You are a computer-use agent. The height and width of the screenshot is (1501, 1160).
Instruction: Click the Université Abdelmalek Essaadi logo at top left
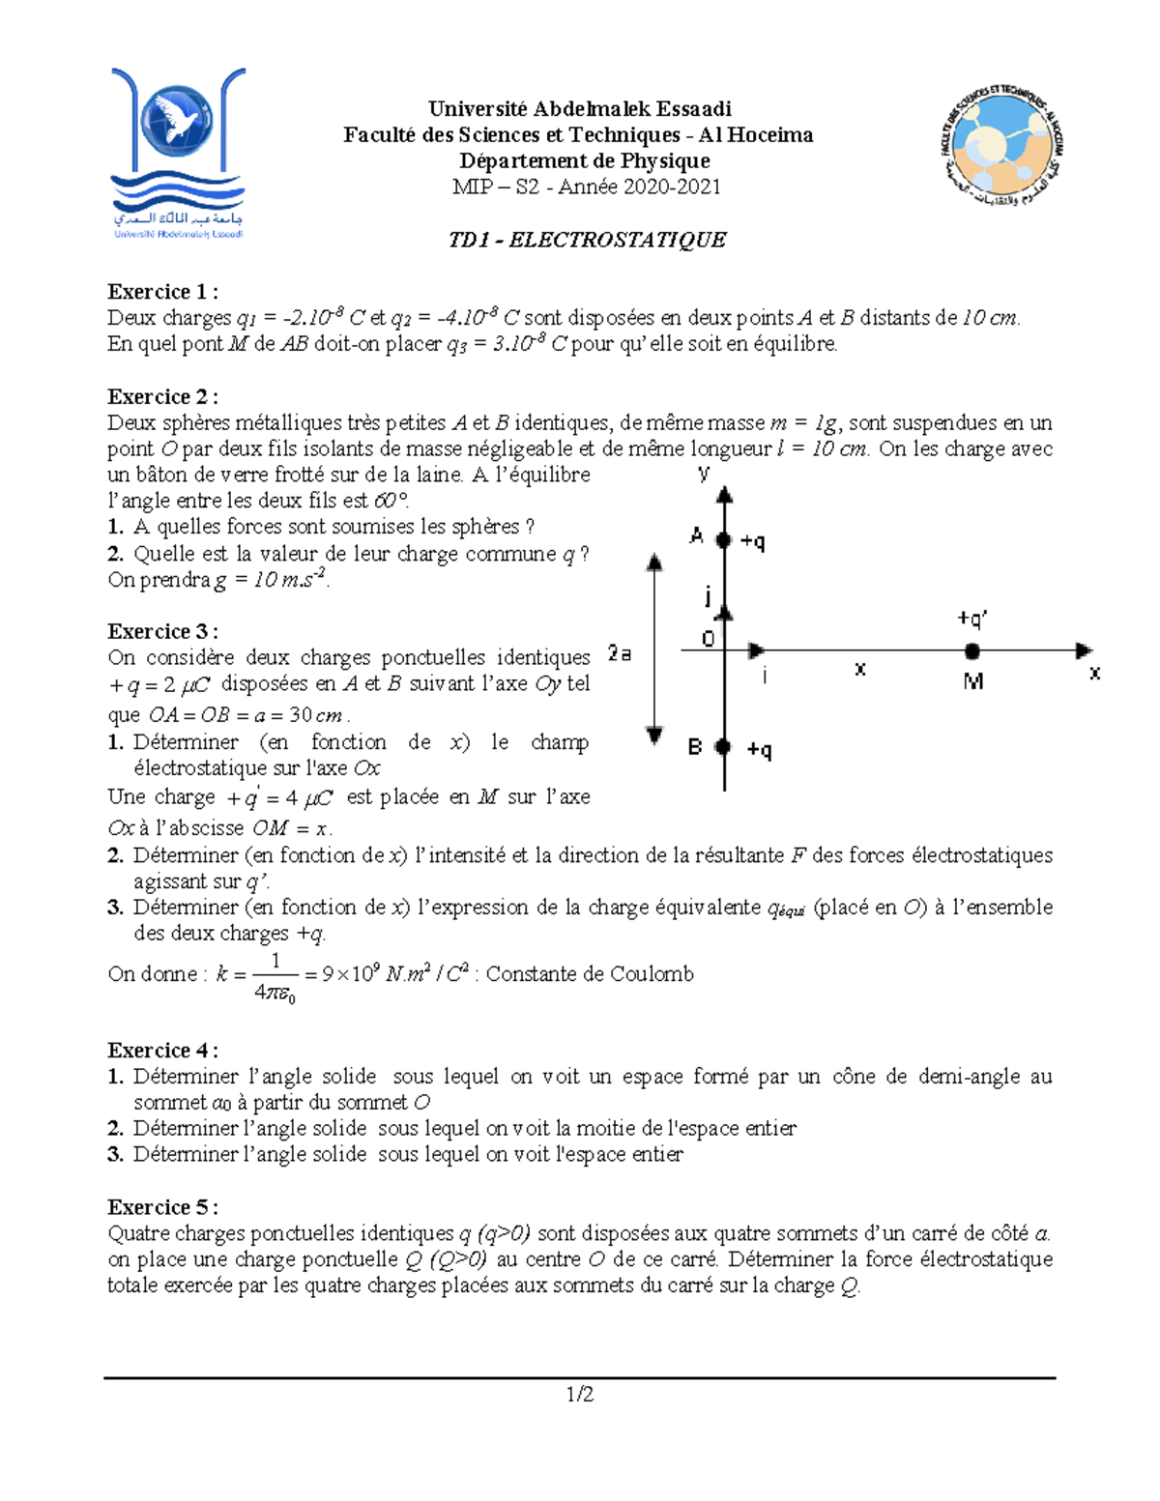(x=178, y=153)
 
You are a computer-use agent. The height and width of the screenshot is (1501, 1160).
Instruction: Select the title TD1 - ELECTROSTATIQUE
(x=587, y=240)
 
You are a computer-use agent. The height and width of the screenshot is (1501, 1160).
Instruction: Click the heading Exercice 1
(x=162, y=292)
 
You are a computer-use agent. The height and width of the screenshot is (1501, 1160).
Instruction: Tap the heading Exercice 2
(x=162, y=397)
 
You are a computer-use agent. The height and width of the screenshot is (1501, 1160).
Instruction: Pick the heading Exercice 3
(x=162, y=632)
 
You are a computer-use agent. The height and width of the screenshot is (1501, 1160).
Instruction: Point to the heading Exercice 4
(x=162, y=1051)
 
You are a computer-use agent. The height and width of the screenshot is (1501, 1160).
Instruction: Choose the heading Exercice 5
(x=162, y=1207)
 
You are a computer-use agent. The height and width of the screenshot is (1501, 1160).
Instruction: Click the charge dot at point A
(x=724, y=539)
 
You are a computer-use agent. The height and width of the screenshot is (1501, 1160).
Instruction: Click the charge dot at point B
(x=723, y=746)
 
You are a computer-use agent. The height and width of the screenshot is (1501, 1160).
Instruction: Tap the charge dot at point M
(x=972, y=651)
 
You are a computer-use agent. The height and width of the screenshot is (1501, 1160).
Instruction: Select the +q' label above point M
(x=972, y=619)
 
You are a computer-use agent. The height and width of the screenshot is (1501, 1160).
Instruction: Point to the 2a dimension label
(x=620, y=654)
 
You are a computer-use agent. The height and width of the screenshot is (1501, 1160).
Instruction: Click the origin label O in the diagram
(x=708, y=639)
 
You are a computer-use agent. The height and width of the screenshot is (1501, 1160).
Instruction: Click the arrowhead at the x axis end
(x=1084, y=650)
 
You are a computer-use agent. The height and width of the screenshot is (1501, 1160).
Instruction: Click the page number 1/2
(x=580, y=1394)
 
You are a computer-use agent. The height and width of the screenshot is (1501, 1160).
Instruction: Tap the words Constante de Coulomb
(x=590, y=974)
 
